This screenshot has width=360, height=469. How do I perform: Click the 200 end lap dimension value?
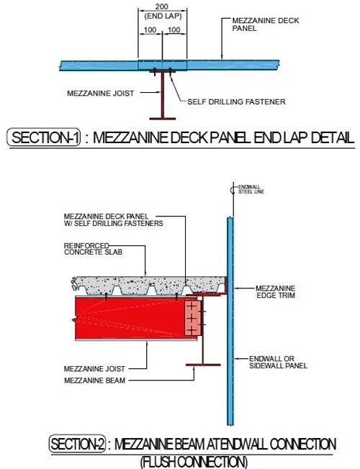click(162, 6)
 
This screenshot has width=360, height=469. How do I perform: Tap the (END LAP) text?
click(163, 16)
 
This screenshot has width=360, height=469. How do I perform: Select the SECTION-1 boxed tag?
click(44, 137)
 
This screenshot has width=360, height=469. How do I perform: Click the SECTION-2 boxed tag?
click(78, 444)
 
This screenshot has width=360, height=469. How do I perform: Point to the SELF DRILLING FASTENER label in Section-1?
click(236, 101)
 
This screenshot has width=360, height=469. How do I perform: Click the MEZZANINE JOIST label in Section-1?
click(100, 94)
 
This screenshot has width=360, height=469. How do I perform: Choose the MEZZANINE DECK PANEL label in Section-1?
click(266, 24)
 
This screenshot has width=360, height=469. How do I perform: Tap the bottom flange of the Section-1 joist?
click(162, 119)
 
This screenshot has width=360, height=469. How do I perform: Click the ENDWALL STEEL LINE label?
click(251, 189)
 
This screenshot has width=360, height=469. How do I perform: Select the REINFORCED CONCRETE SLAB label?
click(93, 249)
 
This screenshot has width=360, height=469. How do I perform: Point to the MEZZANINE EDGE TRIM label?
click(276, 291)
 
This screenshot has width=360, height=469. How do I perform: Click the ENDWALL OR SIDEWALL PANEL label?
click(278, 362)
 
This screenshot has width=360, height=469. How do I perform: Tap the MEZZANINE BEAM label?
click(94, 381)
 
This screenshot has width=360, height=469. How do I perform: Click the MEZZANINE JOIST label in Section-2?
click(94, 369)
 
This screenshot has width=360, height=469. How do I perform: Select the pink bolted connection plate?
click(192, 318)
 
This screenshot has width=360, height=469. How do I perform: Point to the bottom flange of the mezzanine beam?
click(203, 365)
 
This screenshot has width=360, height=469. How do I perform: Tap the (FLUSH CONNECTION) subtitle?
click(194, 462)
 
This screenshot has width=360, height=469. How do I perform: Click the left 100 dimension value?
click(150, 30)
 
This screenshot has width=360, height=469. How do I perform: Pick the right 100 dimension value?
click(174, 30)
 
